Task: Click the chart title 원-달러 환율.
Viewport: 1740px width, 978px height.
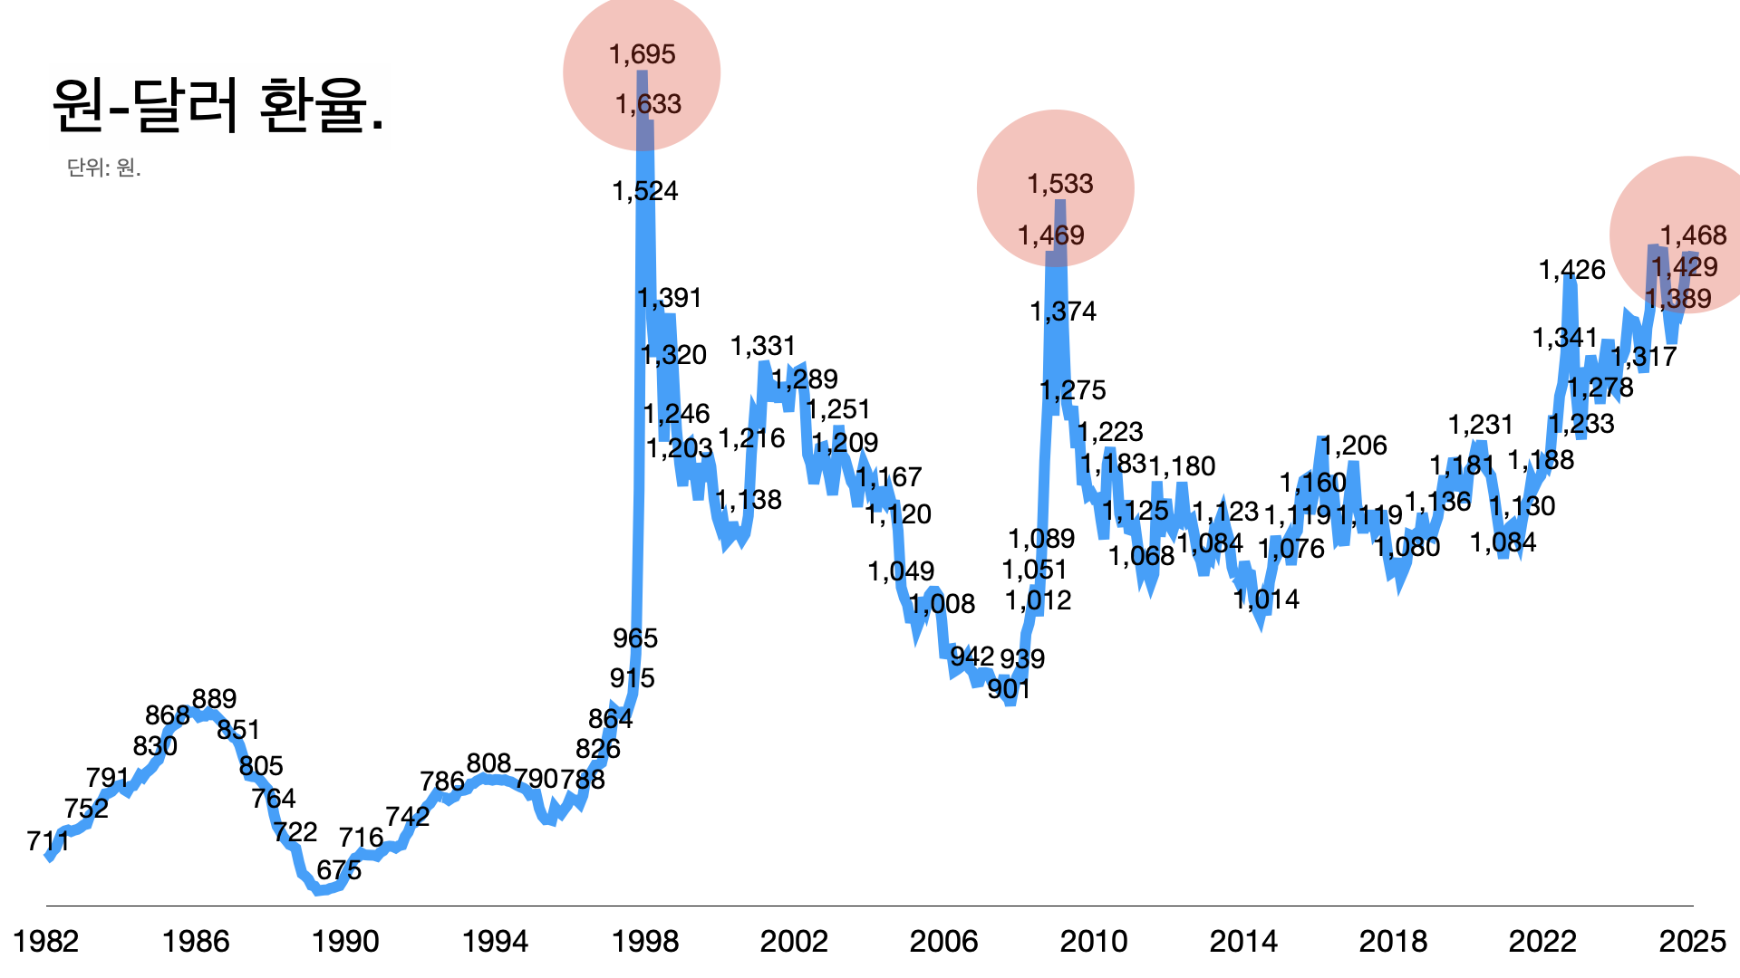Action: (x=218, y=106)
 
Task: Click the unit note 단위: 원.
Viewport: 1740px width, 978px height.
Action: (x=103, y=168)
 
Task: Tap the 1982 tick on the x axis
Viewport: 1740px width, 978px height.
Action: (x=46, y=942)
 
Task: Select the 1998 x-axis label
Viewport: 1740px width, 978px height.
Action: (x=645, y=942)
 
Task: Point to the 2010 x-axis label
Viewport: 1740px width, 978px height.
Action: (x=1094, y=942)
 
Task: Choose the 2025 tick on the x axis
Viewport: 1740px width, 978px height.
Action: (x=1692, y=942)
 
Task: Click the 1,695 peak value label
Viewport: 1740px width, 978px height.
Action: (x=643, y=54)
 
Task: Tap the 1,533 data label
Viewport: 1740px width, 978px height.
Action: (x=1060, y=184)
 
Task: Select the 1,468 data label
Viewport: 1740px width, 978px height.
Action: (x=1694, y=235)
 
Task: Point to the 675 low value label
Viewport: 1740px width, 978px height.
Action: (x=339, y=870)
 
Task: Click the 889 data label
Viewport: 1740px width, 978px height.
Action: (x=215, y=699)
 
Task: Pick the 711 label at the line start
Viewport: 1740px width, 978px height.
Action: (x=48, y=841)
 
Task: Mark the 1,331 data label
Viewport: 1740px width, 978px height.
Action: (x=763, y=346)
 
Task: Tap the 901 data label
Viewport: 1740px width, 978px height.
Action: (x=1009, y=689)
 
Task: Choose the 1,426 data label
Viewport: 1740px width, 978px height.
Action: (x=1572, y=270)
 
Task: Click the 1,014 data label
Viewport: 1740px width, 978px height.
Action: (x=1267, y=599)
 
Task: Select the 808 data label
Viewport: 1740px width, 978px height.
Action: (x=489, y=763)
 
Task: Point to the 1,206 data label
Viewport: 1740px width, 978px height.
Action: (x=1354, y=446)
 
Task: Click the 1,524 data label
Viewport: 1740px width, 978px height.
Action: (x=645, y=191)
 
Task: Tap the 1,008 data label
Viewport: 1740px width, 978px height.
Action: (x=942, y=604)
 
